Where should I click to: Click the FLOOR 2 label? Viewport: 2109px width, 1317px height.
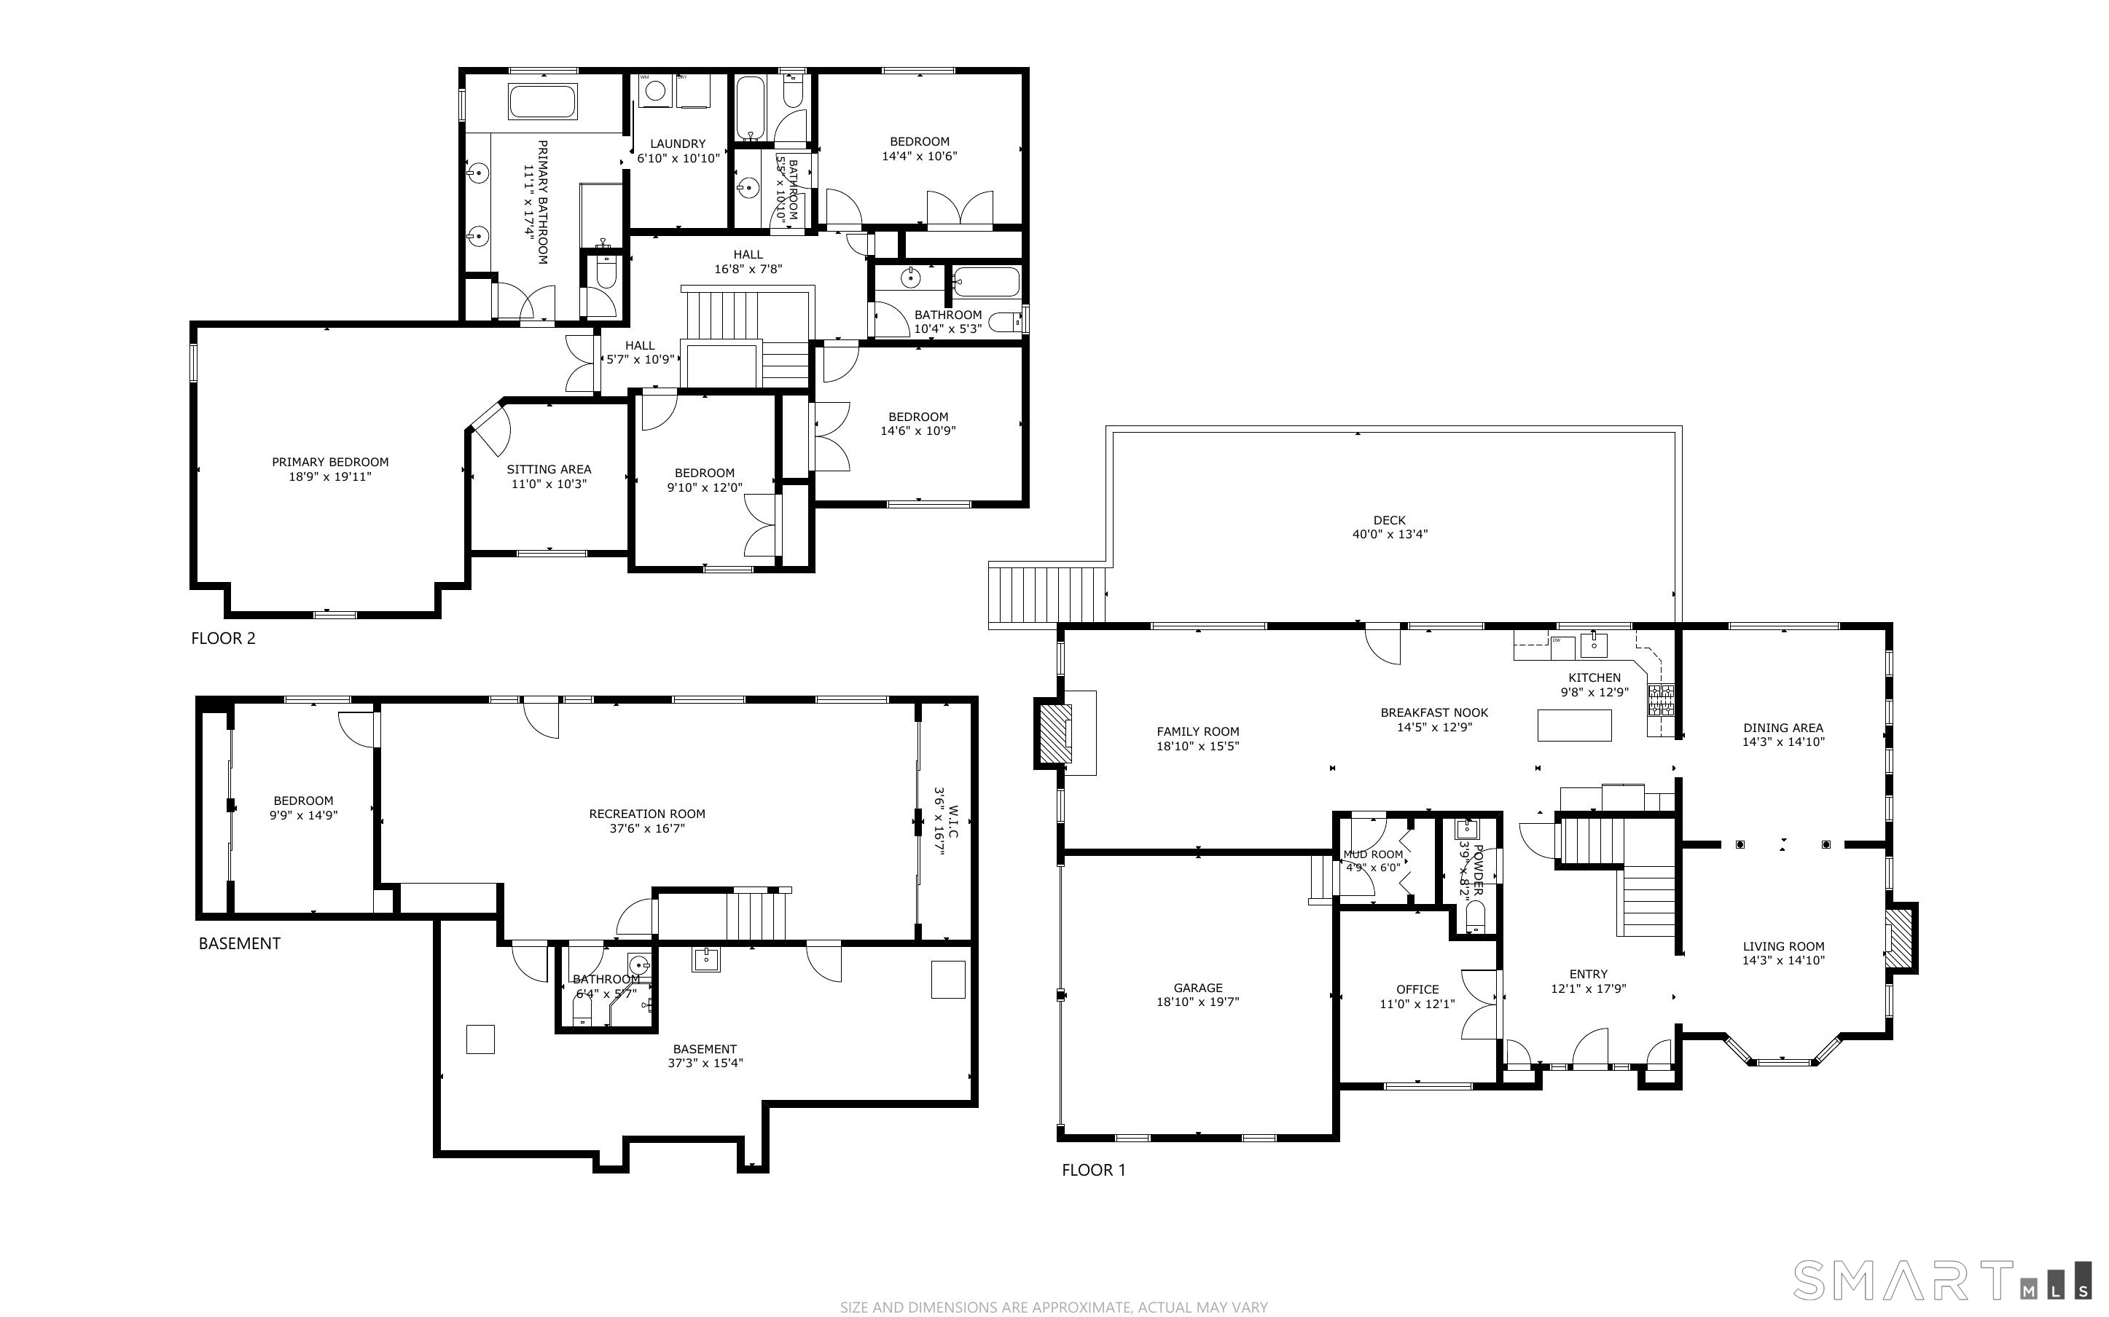point(223,638)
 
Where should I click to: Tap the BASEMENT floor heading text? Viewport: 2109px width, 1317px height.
point(240,943)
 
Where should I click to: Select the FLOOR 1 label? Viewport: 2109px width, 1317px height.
point(1093,1170)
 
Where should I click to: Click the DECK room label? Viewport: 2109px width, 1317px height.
point(1390,520)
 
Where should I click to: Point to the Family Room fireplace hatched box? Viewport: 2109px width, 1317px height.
point(1055,733)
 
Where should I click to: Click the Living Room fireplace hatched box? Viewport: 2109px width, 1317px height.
point(1899,938)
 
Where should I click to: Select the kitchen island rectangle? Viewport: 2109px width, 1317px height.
point(1574,726)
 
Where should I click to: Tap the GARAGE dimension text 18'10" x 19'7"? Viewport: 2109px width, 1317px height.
point(1198,1002)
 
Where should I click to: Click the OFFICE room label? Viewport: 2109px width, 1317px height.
point(1417,989)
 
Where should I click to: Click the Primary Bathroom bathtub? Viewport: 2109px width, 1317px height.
point(543,102)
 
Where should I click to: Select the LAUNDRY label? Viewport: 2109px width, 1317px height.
point(678,144)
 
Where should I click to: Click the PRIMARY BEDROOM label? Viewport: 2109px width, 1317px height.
point(330,462)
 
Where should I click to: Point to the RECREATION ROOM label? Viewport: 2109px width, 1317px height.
point(647,814)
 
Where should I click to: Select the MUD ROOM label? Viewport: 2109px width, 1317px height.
point(1374,854)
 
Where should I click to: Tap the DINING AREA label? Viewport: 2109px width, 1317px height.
point(1783,727)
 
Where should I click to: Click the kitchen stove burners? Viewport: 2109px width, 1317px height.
point(1660,700)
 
